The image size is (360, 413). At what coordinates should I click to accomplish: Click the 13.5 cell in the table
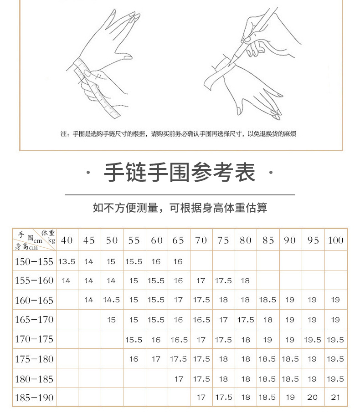[x=67, y=261]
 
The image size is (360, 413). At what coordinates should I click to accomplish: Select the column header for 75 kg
[x=223, y=240]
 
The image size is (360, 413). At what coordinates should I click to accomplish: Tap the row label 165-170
[x=34, y=320]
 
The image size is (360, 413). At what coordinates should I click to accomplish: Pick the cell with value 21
[x=335, y=397]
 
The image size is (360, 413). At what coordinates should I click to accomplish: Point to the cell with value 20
[x=313, y=397]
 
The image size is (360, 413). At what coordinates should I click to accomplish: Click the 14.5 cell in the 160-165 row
[x=112, y=300]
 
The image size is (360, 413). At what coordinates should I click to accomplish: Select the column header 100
[x=335, y=240]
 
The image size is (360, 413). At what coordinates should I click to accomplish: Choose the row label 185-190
[x=34, y=398]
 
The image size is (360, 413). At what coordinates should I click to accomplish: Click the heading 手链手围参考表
[x=180, y=173]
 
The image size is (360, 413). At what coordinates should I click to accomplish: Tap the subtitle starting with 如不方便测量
[x=180, y=208]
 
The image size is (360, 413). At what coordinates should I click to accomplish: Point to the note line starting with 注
[x=180, y=134]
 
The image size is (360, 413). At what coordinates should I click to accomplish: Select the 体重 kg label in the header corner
[x=47, y=235]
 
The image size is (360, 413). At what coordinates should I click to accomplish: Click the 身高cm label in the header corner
[x=26, y=247]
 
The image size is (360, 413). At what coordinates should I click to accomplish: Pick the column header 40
[x=67, y=240]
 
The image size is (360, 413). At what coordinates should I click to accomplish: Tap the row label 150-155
[x=34, y=261]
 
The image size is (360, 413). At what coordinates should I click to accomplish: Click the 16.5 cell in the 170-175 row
[x=179, y=340]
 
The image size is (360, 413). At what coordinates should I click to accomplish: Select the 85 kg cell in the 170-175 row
[x=268, y=340]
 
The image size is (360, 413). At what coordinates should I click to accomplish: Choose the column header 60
[x=156, y=240]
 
